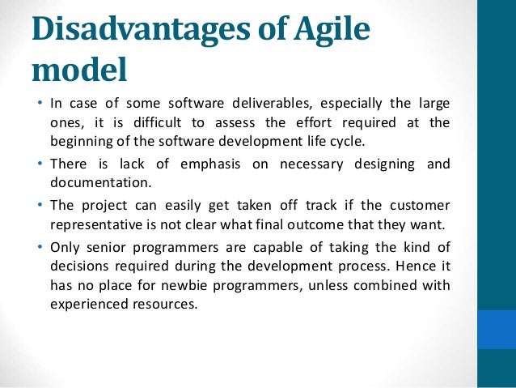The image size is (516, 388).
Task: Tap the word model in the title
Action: click(79, 70)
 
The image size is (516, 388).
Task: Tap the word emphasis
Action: click(213, 164)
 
